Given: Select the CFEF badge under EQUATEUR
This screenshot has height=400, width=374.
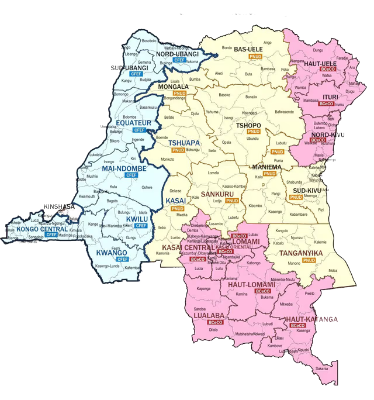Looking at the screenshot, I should [139, 130].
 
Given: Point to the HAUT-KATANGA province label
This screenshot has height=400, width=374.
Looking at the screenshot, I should [311, 319].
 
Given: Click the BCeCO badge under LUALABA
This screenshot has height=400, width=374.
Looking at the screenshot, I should [215, 322].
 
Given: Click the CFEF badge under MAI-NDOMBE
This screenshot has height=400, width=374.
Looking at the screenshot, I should [131, 175].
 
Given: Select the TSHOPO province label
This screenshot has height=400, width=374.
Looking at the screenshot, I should [251, 126].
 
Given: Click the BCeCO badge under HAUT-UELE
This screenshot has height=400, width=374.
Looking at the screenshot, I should [327, 69].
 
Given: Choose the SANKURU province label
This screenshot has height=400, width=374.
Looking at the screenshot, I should [217, 194].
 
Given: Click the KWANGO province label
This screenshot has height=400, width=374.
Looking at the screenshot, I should [112, 253].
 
